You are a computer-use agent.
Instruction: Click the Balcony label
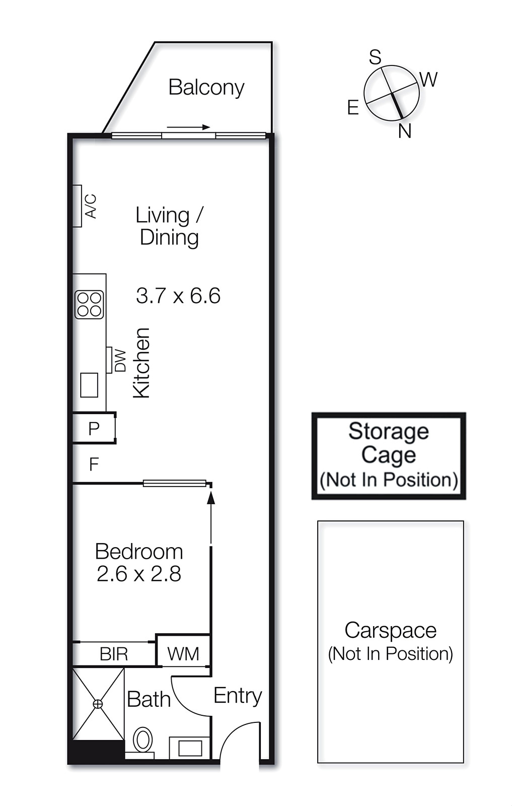click(206, 88)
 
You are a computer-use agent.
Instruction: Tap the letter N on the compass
click(405, 131)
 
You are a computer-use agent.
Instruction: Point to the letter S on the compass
click(376, 57)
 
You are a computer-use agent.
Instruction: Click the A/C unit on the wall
click(77, 206)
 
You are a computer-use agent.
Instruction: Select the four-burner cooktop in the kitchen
click(89, 305)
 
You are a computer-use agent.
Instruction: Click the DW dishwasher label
click(120, 361)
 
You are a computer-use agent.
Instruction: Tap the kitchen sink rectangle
click(89, 385)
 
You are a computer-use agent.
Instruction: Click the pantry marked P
click(94, 428)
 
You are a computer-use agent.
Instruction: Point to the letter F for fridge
click(94, 464)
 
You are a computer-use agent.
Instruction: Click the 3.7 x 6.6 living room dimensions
click(178, 296)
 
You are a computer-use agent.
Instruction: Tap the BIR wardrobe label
click(114, 654)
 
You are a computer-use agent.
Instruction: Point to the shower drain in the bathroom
click(98, 704)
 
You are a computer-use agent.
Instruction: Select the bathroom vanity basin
click(190, 748)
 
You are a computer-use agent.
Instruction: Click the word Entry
click(238, 696)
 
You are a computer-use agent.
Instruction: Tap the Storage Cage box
click(389, 456)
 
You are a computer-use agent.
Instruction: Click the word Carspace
click(391, 630)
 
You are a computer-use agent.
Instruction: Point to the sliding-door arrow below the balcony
click(188, 127)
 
